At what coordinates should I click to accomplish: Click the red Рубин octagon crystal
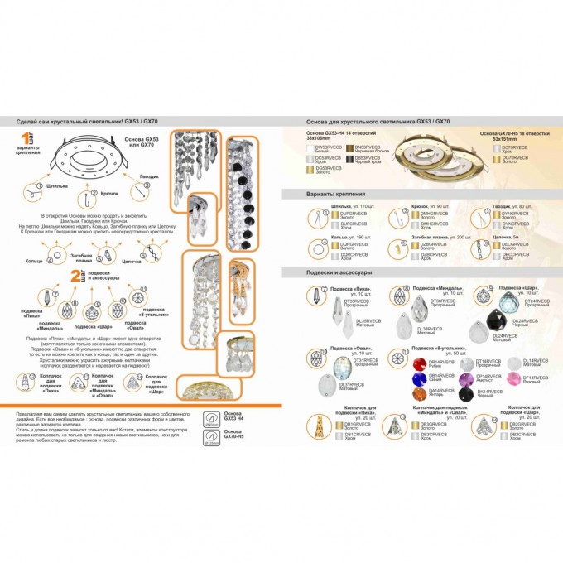(x=418, y=364)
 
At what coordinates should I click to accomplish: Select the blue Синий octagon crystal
(x=418, y=379)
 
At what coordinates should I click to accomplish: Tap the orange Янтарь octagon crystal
(x=418, y=395)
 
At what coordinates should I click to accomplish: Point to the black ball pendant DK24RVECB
(x=500, y=315)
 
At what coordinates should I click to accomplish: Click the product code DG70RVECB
(x=516, y=157)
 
